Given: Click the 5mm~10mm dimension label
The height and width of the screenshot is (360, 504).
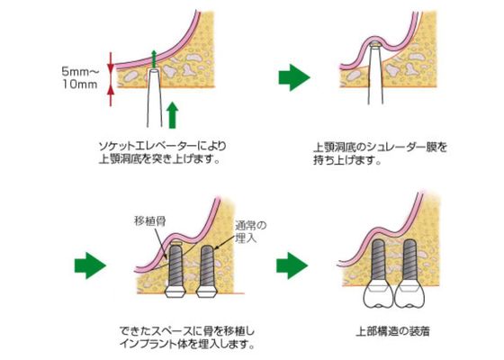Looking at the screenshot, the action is pyautogui.click(x=79, y=78).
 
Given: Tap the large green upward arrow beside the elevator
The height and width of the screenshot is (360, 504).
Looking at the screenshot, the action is pyautogui.click(x=173, y=115).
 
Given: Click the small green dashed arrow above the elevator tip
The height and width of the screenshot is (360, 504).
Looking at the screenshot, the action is pyautogui.click(x=154, y=58).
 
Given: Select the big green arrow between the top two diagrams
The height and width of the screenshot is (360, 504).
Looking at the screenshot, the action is pyautogui.click(x=293, y=77).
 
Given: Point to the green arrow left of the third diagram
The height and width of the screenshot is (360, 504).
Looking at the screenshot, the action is pyautogui.click(x=90, y=265).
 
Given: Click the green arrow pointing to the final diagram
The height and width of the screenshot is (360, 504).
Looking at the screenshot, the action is pyautogui.click(x=292, y=265).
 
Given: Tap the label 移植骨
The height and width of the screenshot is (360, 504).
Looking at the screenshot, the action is pyautogui.click(x=149, y=221).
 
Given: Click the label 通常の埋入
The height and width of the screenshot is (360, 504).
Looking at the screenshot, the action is pyautogui.click(x=251, y=232).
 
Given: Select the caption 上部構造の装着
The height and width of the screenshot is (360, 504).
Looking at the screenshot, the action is pyautogui.click(x=392, y=331).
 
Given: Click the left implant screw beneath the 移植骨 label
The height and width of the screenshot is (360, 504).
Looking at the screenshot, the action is pyautogui.click(x=175, y=265).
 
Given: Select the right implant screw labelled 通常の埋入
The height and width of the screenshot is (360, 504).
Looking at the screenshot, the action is pyautogui.click(x=207, y=266).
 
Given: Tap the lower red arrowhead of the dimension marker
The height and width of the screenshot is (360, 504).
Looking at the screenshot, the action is pyautogui.click(x=111, y=91).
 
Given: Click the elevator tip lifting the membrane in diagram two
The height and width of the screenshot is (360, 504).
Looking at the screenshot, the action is pyautogui.click(x=375, y=45).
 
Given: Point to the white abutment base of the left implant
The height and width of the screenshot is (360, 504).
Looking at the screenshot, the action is pyautogui.click(x=175, y=292).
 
